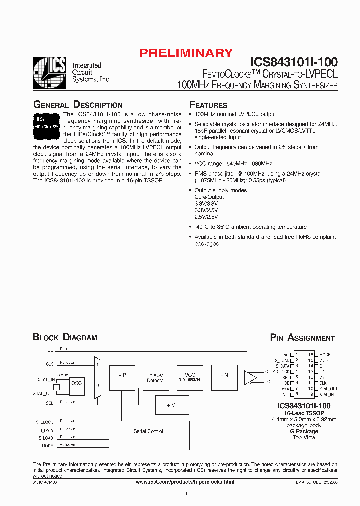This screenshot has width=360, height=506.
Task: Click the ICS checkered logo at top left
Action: coord(49,73)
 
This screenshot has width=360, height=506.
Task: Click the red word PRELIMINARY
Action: coord(186,53)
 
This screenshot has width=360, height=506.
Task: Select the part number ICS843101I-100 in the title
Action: coord(294,62)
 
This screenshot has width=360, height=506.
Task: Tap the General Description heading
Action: coord(78,105)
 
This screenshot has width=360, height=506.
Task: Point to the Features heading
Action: coord(208,105)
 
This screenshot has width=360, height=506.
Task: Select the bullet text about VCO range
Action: coord(233,163)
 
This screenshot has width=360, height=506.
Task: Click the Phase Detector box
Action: coord(156,377)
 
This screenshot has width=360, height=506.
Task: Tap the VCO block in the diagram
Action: coord(190,377)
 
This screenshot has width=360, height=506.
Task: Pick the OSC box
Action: coord(77,383)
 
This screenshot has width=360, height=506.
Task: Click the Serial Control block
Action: coord(148,431)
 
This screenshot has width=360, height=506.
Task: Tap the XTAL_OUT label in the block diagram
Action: coord(43,394)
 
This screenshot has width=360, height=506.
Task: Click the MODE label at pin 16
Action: coord(324,355)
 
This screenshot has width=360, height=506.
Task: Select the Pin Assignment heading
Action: coord(302,338)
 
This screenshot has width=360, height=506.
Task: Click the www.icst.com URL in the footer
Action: coord(185,481)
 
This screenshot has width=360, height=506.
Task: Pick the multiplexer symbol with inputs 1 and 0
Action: coord(98,377)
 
